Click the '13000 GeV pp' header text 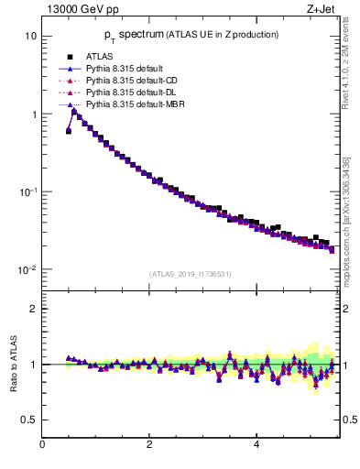[79, 10]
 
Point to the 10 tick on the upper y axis [30, 37]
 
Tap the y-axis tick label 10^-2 [27, 270]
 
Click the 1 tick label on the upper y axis [33, 115]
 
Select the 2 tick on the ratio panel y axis [34, 309]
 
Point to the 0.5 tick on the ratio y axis [30, 420]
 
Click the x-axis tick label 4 [256, 446]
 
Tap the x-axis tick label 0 [42, 446]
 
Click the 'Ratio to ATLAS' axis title [12, 365]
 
